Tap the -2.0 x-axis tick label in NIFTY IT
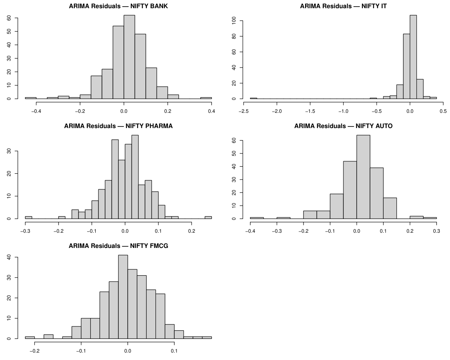coord(277,111)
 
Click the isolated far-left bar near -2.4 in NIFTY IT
coord(254,98)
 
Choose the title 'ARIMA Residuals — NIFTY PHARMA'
coord(118,126)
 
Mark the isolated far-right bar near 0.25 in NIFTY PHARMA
coord(208,217)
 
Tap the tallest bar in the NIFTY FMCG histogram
coord(123,297)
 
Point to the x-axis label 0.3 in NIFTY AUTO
coord(436,231)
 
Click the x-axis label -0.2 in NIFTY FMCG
coord(35,351)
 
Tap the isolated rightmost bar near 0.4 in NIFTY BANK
coord(206,98)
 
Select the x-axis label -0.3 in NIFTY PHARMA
coord(25,231)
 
